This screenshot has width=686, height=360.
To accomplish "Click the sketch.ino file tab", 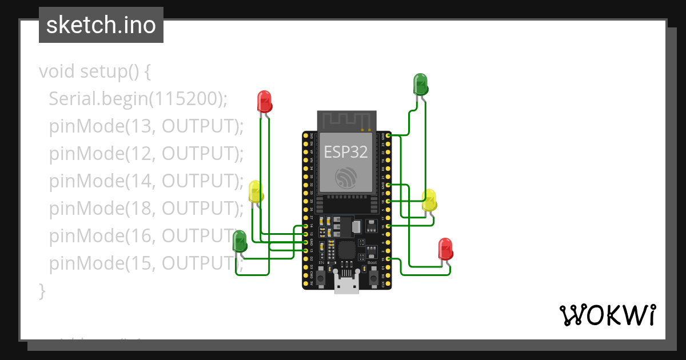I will (101, 25).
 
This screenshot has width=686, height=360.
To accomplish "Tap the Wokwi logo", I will (607, 315).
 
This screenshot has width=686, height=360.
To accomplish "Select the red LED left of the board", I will (264, 101).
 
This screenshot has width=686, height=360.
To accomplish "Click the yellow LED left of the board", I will (256, 191).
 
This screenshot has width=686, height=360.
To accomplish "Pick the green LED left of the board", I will (240, 240).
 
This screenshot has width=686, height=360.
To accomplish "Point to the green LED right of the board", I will (421, 83).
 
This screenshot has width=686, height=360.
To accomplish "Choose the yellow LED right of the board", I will (429, 200).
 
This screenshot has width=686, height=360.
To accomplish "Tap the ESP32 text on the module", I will (346, 151).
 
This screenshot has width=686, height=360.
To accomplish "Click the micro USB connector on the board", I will (346, 284).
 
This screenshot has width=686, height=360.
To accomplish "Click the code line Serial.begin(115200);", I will (138, 99).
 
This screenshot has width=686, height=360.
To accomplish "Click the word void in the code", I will (57, 72).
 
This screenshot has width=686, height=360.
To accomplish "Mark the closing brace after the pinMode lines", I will (42, 290).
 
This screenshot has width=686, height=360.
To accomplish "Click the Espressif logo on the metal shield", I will (345, 178).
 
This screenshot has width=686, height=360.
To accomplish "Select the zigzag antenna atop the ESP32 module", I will (346, 120).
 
